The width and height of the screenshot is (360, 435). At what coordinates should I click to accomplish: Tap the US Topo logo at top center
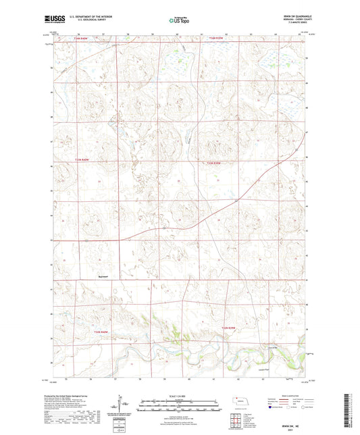click(x=180, y=20)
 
